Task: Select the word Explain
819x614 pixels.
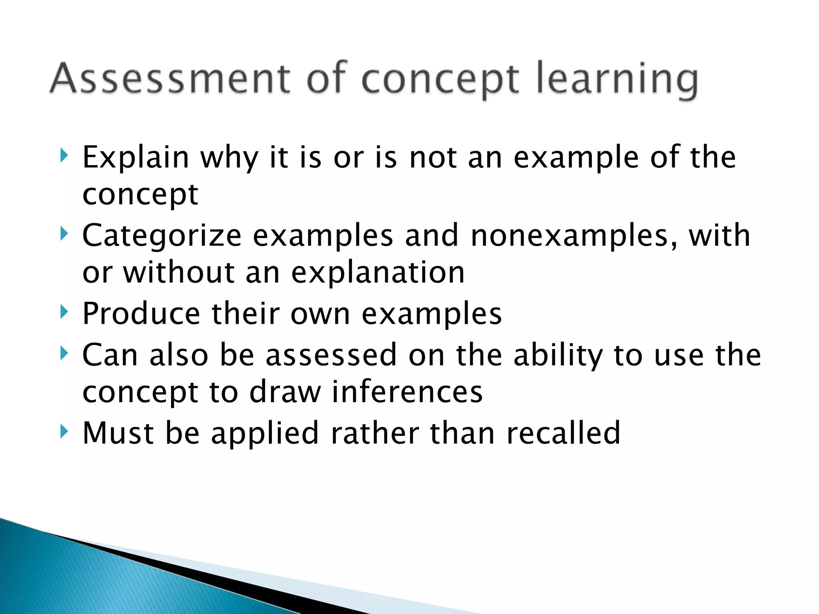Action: coord(135,157)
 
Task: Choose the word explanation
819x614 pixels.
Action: coord(378,273)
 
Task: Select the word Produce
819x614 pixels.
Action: coord(141,313)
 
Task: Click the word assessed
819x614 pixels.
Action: coord(331,355)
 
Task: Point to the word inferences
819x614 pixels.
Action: coord(407,392)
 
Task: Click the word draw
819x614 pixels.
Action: coord(285,392)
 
